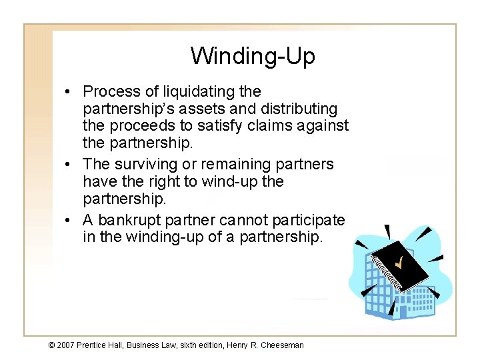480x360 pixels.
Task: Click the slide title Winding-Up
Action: click(x=252, y=56)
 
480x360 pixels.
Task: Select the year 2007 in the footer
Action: click(x=65, y=345)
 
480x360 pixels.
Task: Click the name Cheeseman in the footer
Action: click(x=283, y=345)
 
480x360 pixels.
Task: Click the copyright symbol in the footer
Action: click(x=51, y=345)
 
